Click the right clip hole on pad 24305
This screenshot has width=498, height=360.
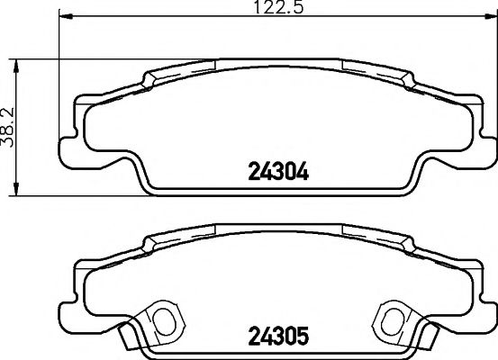(x=394, y=318)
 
